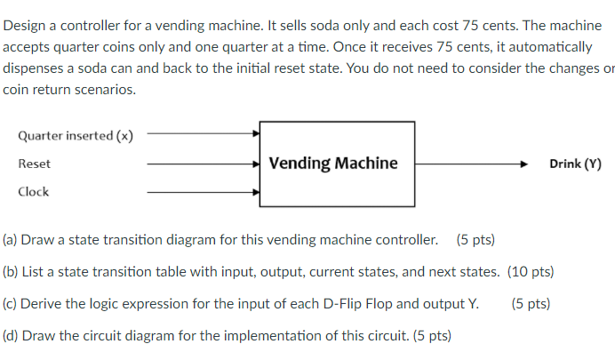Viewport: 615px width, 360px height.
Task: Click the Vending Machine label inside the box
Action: coord(333,164)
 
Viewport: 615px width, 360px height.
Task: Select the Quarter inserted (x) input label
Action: coord(76,136)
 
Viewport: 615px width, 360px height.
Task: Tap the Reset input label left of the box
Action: coord(34,164)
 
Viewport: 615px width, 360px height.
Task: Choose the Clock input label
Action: coord(34,192)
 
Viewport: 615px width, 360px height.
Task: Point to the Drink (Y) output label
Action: coord(575,164)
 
